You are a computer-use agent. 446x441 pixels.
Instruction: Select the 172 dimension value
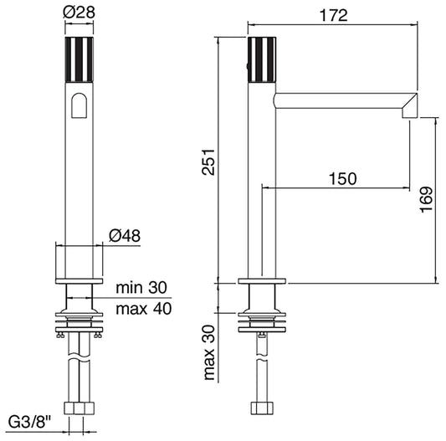pos(332,15)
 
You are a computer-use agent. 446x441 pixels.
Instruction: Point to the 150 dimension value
pos(342,178)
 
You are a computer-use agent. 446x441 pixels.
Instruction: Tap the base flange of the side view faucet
pos(262,283)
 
